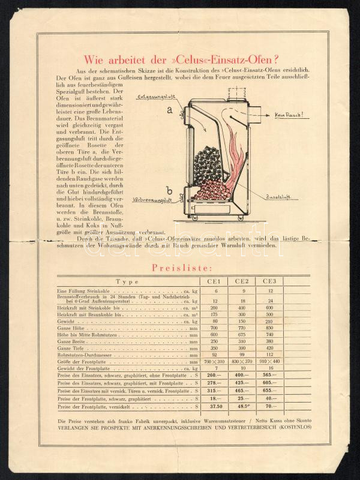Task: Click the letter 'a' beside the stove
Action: [x=170, y=110]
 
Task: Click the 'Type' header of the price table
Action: [x=127, y=282]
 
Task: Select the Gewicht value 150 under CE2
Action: [x=242, y=321]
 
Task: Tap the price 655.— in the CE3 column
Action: [x=269, y=391]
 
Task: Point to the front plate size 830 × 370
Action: [x=242, y=362]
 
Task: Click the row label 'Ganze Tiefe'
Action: [x=71, y=348]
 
